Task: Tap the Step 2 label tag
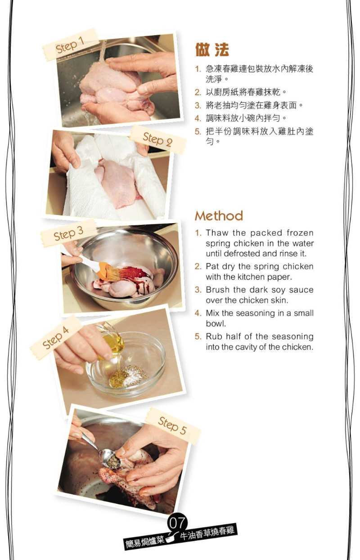point(157,139)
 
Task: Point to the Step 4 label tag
point(56,337)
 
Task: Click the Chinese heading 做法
point(212,50)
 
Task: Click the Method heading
point(219,216)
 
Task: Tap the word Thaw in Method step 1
point(215,233)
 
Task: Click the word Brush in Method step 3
point(217,290)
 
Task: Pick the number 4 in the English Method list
point(198,314)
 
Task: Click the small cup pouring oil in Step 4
point(112,342)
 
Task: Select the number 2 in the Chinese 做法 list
point(198,92)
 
